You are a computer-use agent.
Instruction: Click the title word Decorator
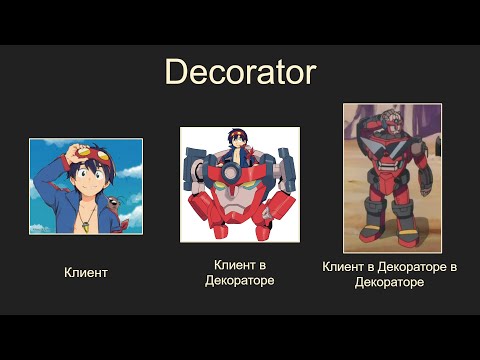tap(240, 72)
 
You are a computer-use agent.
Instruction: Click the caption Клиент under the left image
tap(86, 272)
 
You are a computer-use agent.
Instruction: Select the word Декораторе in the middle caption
tap(239, 280)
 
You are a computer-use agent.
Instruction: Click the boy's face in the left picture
tap(87, 186)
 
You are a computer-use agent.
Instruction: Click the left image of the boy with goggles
tap(86, 186)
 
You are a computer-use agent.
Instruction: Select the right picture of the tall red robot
tap(392, 177)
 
